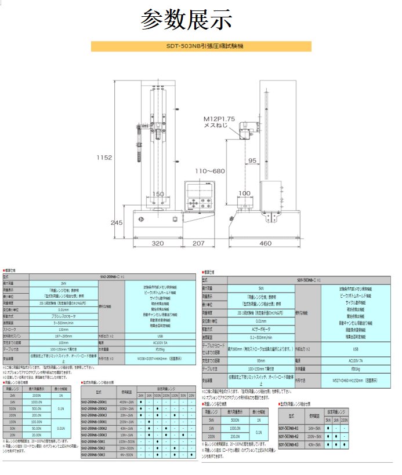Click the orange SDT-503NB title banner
(x=201, y=46)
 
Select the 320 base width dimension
(x=157, y=244)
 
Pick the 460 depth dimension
(x=266, y=244)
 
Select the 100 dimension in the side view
(x=244, y=193)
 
